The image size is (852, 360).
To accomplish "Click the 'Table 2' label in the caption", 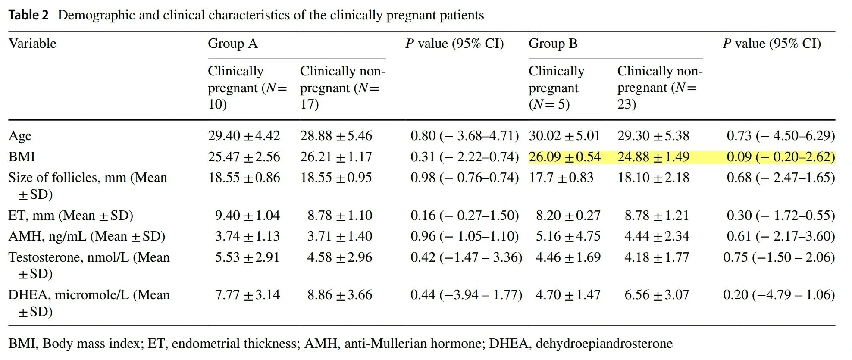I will (x=28, y=16).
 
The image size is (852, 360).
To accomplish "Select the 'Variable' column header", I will (x=32, y=44).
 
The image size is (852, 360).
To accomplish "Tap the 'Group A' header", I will (x=232, y=44).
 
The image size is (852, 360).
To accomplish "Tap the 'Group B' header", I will (x=553, y=44).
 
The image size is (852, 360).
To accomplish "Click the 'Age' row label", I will (x=20, y=136).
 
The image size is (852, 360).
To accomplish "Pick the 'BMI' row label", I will (x=22, y=157).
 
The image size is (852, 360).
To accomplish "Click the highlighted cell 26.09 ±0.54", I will (x=564, y=157).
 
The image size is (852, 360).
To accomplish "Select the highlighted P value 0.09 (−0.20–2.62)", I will (x=780, y=157).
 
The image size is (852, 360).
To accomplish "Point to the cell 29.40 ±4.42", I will (x=244, y=136).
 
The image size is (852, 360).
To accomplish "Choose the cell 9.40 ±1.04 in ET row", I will (x=247, y=215).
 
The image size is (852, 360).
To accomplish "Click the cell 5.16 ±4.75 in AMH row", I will (x=568, y=236).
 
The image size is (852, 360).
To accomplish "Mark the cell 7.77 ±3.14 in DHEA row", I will (x=247, y=295).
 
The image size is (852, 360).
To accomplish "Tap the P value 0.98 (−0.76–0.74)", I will (x=464, y=178).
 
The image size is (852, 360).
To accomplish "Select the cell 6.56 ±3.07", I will (x=656, y=295).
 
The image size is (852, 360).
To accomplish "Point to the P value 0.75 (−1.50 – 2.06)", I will (x=779, y=257).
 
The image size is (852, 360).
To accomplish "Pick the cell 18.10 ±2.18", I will (x=653, y=178).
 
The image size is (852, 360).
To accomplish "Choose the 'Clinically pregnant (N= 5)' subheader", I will (x=556, y=88).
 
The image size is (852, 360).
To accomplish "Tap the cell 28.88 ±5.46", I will (x=336, y=136).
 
